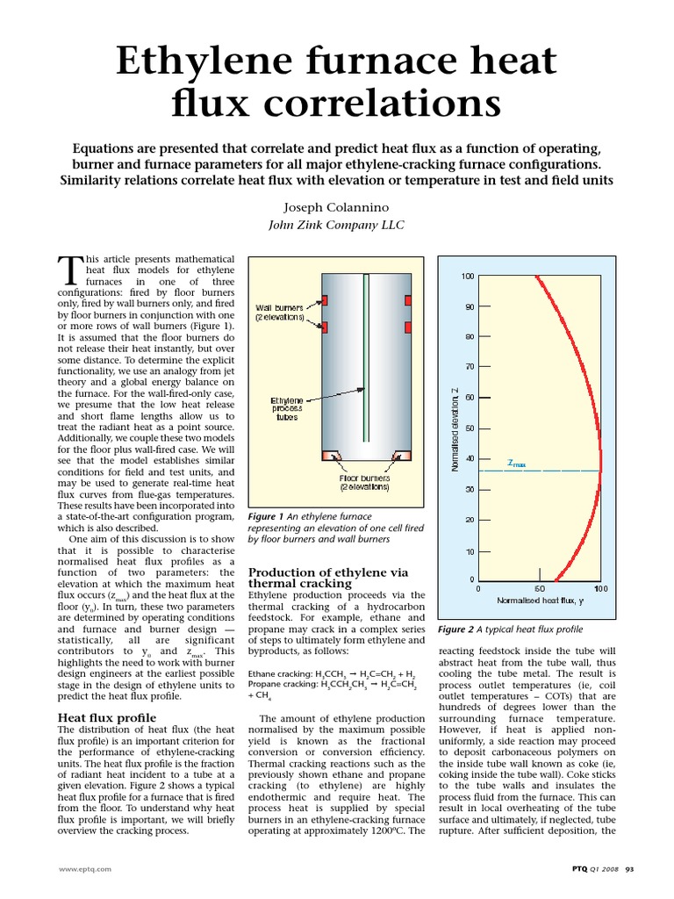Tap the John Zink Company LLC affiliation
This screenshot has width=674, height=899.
pos(336,226)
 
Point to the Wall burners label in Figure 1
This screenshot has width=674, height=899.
pos(279,312)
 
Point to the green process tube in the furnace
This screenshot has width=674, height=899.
pos(365,369)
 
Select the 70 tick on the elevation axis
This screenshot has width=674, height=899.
pos(470,366)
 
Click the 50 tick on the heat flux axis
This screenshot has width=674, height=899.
pos(539,588)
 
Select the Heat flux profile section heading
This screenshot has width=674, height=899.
pos(107,718)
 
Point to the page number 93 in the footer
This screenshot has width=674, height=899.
pos(629,869)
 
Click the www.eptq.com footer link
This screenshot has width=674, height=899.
pos(84,869)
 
